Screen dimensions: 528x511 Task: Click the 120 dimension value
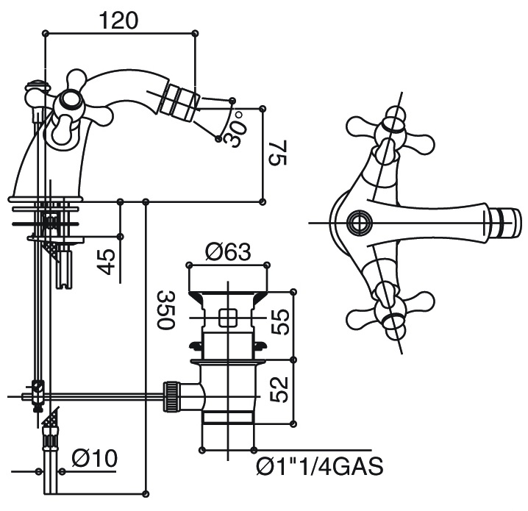point(118,21)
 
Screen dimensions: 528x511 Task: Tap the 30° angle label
point(237,128)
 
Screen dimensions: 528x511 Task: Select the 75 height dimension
point(277,153)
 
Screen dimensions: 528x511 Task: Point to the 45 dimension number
point(106,262)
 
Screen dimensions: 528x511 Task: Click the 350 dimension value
point(165,310)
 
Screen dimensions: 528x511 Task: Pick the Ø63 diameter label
point(229,251)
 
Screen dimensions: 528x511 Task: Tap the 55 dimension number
point(280,322)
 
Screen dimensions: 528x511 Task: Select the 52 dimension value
point(280,390)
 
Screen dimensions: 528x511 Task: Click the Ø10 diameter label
point(95,459)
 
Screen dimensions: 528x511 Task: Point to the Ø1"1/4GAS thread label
point(320,467)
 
